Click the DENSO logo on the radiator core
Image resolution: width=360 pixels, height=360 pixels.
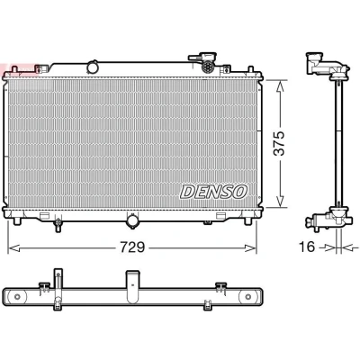tap(214, 192)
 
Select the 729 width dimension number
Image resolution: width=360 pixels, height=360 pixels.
tap(132, 247)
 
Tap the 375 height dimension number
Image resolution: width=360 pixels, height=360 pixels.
tap(279, 143)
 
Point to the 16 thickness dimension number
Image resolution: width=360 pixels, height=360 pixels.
tap(307, 247)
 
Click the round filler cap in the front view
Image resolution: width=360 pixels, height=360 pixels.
tap(207, 67)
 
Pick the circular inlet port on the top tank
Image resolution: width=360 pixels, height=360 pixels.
tap(93, 67)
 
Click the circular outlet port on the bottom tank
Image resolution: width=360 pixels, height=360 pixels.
tap(132, 221)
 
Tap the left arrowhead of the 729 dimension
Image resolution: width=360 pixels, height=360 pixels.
tap(13, 247)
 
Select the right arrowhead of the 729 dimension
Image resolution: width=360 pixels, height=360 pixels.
tap(250, 247)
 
